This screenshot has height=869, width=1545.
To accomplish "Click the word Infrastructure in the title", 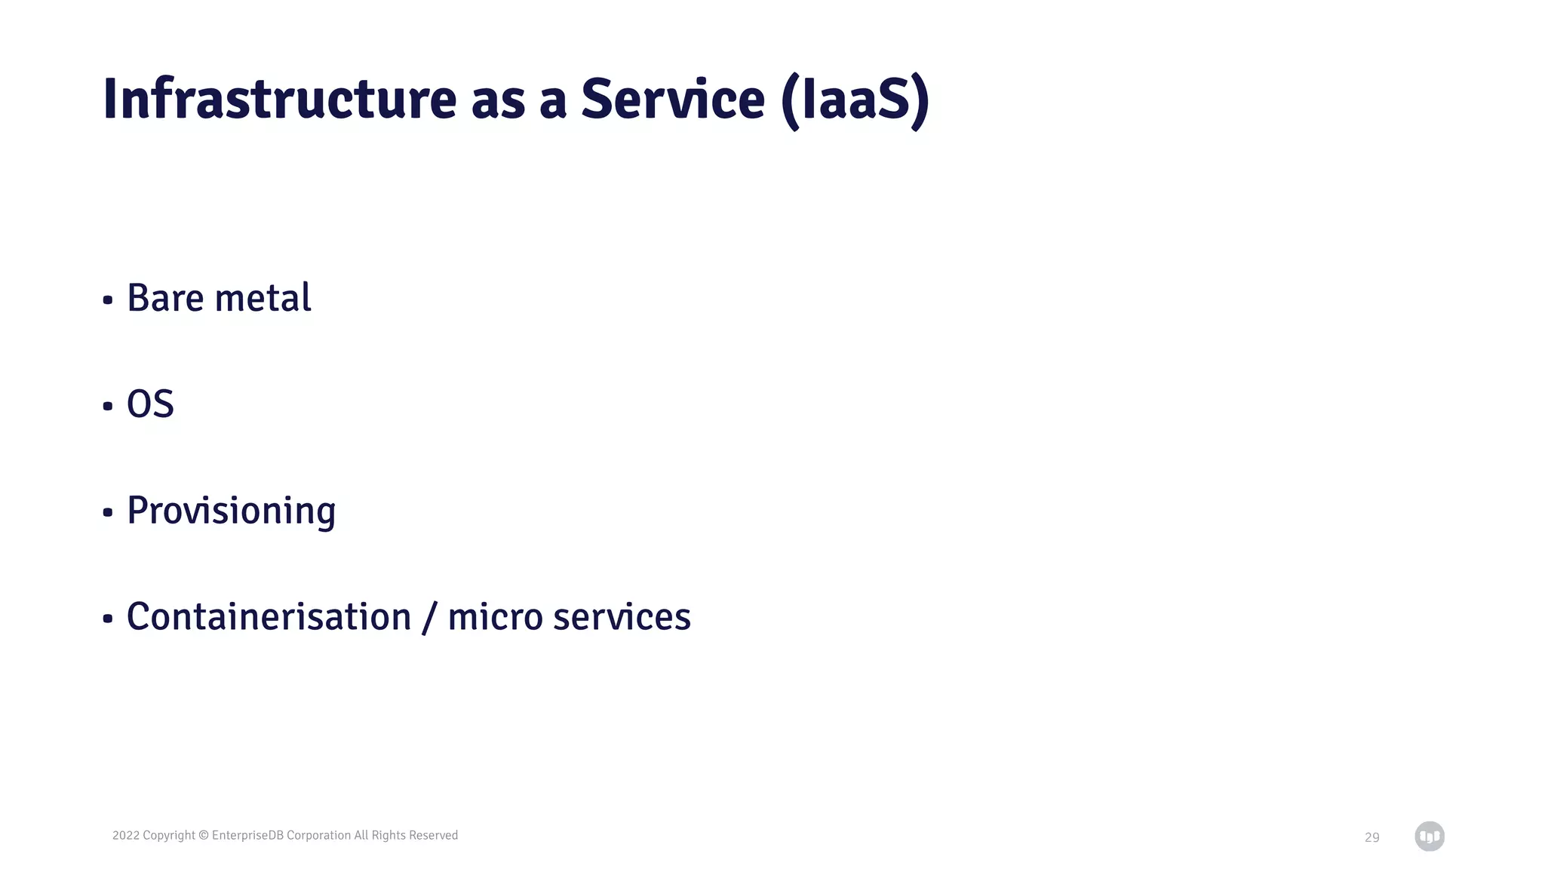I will pos(279,100).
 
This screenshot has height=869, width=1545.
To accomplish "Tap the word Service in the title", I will pos(673,100).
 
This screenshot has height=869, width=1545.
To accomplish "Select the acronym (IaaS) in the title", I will pos(855,101).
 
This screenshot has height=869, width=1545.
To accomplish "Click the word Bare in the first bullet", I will pos(165,298).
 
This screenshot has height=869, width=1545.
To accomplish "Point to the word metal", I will pos(263,298).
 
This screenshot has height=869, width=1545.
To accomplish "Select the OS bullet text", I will pos(150,404).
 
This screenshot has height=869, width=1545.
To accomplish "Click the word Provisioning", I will pos(231,511).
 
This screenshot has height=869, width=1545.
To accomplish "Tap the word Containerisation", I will pos(269,617).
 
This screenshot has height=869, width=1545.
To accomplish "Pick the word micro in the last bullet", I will pos(495,617).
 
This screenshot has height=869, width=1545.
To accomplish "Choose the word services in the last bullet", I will pos(622,617).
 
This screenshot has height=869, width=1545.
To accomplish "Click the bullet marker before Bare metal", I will pos(108,300).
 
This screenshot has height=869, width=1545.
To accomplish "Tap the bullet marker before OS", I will pos(108,407).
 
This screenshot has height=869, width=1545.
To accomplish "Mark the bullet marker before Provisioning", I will pos(108,513).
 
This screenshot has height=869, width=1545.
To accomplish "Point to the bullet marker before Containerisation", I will pos(108,619).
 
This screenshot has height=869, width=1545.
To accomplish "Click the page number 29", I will pos(1371,837).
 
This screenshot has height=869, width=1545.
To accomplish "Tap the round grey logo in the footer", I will pos(1429,837).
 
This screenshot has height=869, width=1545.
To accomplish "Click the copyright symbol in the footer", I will pos(203,835).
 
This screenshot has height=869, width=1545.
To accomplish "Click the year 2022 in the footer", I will pos(126,835).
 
